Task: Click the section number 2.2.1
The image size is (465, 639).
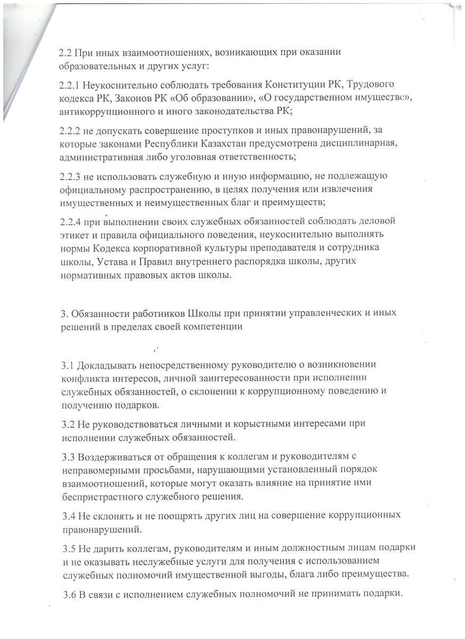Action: coord(70,85)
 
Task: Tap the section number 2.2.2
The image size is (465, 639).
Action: coord(71,130)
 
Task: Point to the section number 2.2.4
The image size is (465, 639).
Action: coord(71,221)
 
